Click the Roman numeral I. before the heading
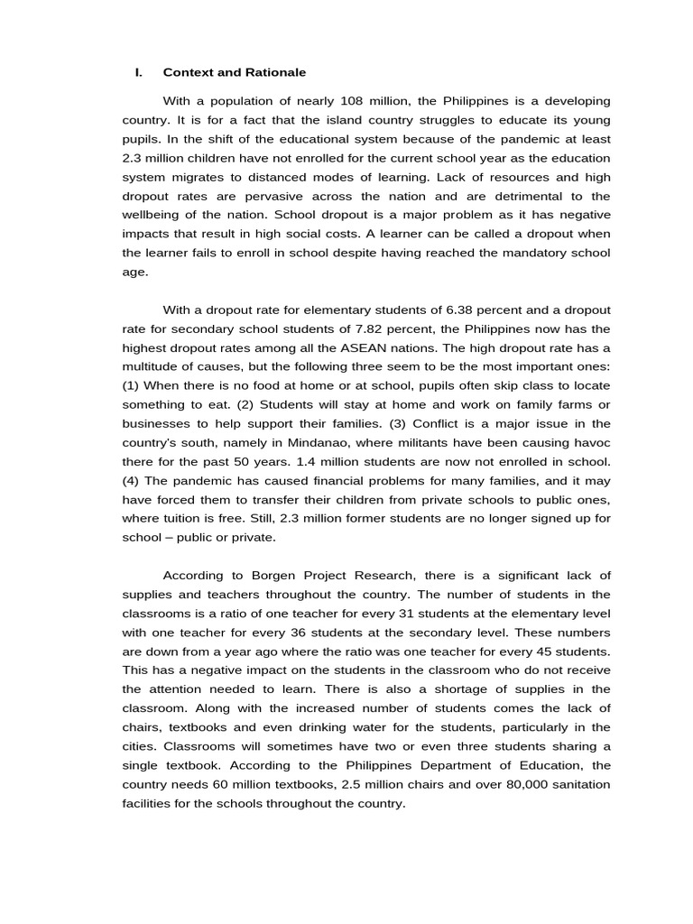tap(138, 72)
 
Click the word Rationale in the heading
tap(276, 72)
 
